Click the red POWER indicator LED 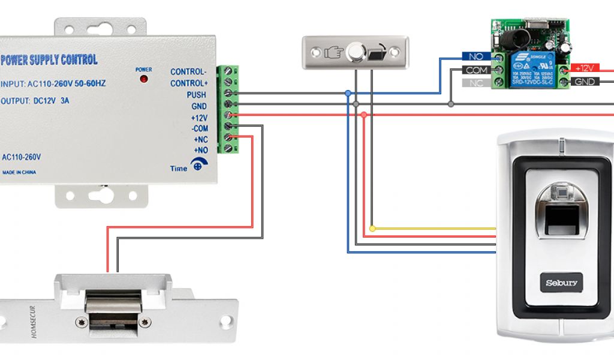[x=143, y=79]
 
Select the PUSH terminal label [x=196, y=95]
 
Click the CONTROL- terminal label [x=188, y=72]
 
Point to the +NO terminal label [x=200, y=149]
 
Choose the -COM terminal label [x=199, y=128]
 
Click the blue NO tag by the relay [x=477, y=56]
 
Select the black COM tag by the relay [x=477, y=70]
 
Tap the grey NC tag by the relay [x=477, y=83]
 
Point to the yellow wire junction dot [x=372, y=229]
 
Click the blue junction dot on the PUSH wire [x=348, y=94]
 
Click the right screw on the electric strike [x=143, y=322]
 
